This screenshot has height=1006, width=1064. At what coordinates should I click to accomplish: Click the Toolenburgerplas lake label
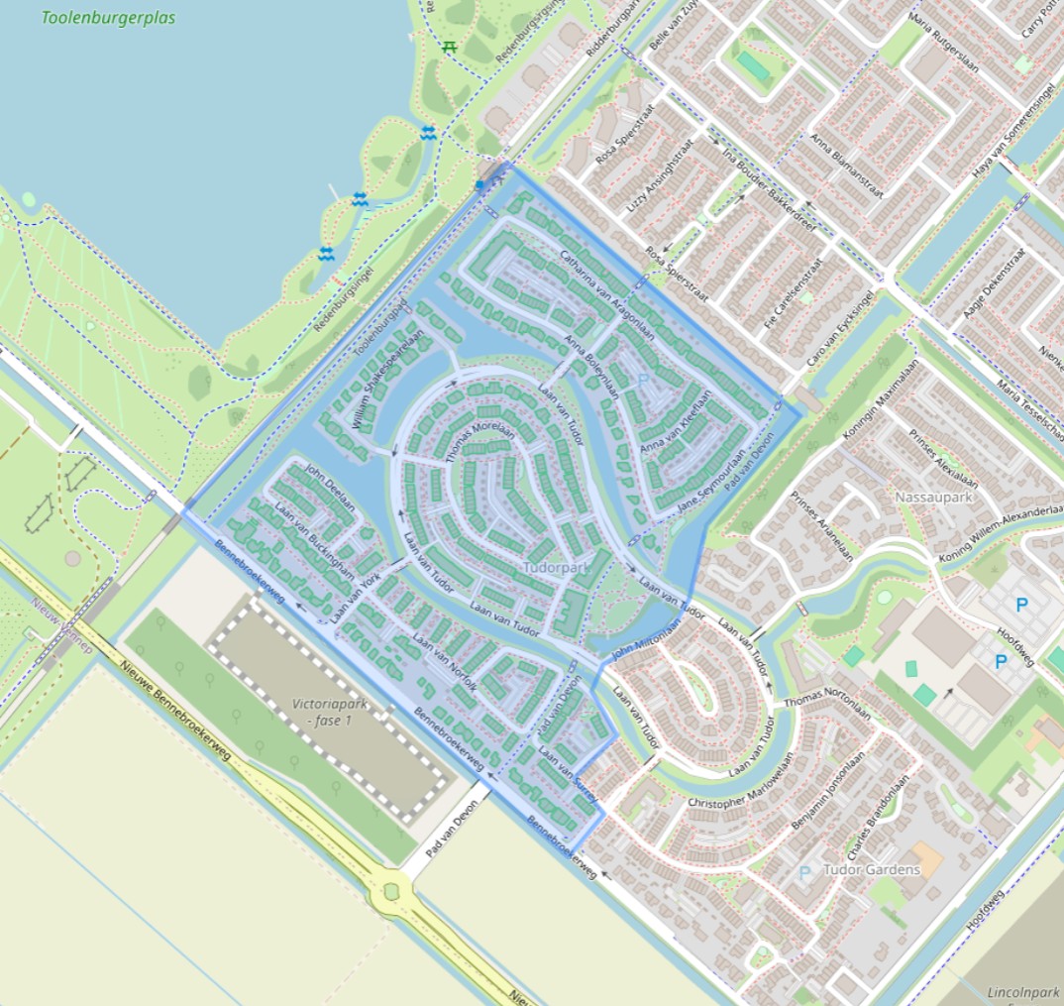point(108,18)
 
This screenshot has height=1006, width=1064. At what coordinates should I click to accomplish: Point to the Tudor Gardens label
point(872,870)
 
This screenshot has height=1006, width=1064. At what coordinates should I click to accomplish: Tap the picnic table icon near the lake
point(449,47)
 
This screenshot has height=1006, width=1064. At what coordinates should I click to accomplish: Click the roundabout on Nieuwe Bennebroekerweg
point(389,891)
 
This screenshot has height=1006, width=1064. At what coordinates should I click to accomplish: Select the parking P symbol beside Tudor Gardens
point(804,872)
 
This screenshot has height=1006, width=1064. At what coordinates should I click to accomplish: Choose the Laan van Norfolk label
point(445,662)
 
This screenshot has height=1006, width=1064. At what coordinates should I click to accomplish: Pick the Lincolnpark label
point(1023,991)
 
